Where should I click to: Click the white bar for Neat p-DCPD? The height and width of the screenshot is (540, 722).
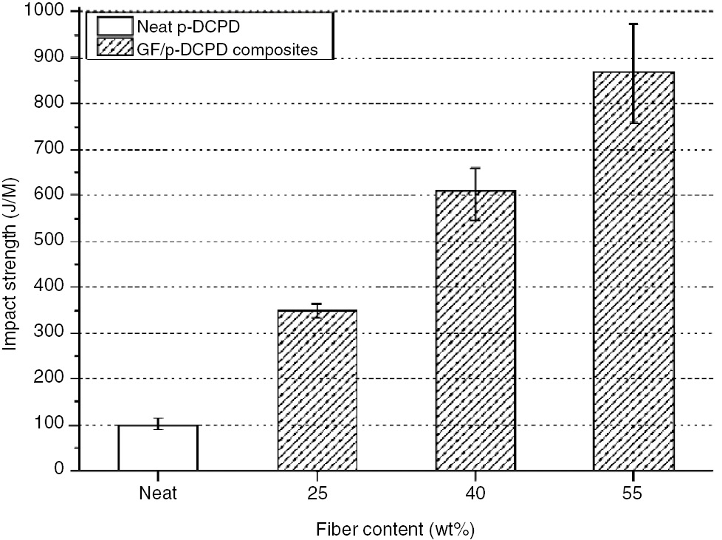(x=157, y=448)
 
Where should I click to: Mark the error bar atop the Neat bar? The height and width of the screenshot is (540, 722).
(x=157, y=423)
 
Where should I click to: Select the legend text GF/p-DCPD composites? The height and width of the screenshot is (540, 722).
(x=227, y=49)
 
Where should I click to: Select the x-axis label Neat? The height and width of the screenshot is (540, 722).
(x=157, y=493)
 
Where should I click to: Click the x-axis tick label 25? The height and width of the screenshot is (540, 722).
(x=317, y=493)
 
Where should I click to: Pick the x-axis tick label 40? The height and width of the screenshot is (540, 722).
(x=475, y=493)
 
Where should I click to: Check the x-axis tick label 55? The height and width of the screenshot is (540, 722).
(x=634, y=493)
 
